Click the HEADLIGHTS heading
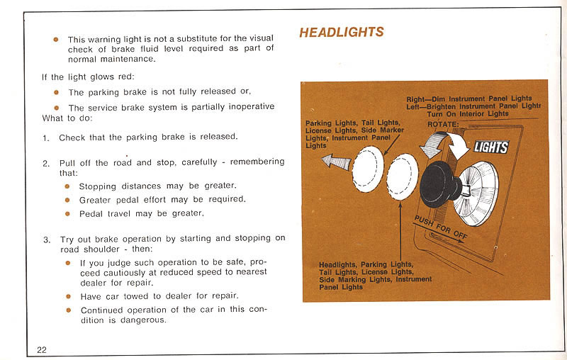[341, 32]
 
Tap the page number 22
[42, 349]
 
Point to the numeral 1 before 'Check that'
[45, 137]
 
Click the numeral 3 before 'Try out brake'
[45, 240]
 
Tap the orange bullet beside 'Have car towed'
[68, 296]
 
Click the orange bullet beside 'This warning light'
[55, 39]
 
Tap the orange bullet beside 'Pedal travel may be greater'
[67, 213]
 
